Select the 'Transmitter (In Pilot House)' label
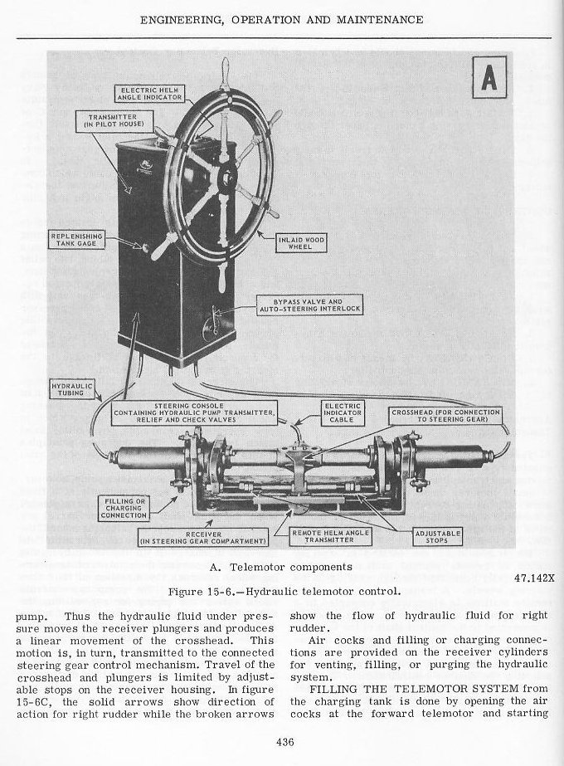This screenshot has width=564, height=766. [117, 121]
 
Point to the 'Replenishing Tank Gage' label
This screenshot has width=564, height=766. [76, 241]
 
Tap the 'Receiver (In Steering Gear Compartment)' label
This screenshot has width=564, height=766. [203, 540]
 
